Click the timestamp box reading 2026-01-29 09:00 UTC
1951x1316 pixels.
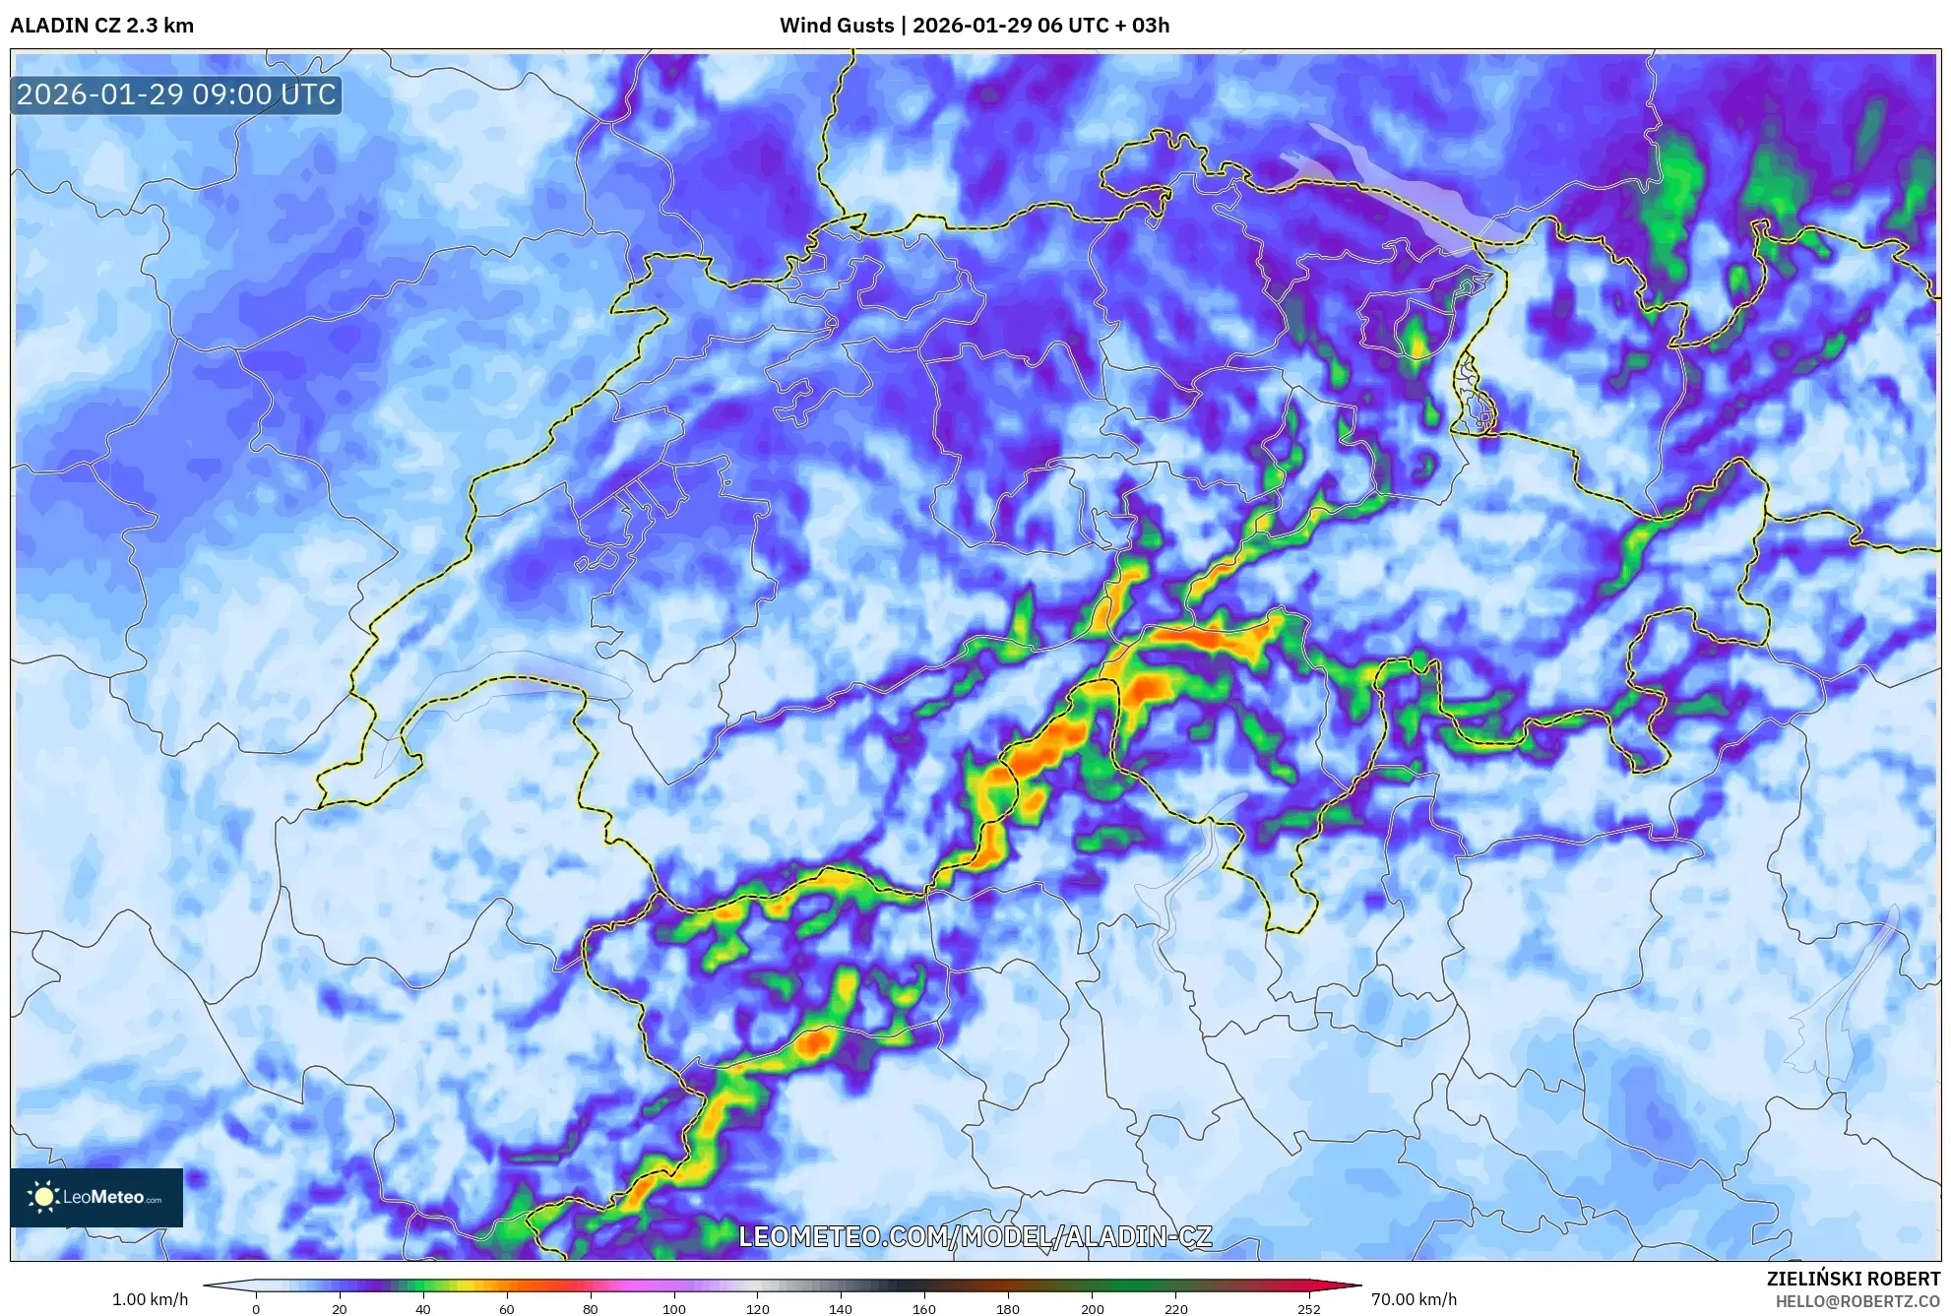(176, 94)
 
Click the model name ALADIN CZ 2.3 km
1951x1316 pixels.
(102, 26)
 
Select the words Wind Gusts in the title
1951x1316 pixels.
(837, 26)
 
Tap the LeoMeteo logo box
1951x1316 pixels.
(96, 1197)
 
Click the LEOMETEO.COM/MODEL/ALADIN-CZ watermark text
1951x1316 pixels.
(975, 1236)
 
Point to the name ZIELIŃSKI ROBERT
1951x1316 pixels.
(1853, 1279)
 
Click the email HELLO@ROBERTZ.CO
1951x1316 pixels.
(1857, 1301)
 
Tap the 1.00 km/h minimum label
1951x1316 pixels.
(150, 1299)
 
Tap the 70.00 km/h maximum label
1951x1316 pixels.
(1414, 1299)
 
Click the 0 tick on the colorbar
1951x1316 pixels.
(256, 1308)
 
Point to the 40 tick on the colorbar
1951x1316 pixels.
(422, 1308)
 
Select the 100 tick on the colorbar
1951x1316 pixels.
(673, 1308)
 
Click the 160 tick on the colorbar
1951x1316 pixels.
(923, 1308)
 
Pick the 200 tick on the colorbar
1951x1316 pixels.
(1092, 1308)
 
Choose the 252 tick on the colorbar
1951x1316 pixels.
(1308, 1308)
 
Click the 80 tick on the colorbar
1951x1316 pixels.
(590, 1308)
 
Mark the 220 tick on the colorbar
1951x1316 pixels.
(1175, 1308)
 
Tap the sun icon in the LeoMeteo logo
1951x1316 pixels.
(43, 1197)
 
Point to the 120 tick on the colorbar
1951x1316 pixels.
(757, 1308)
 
